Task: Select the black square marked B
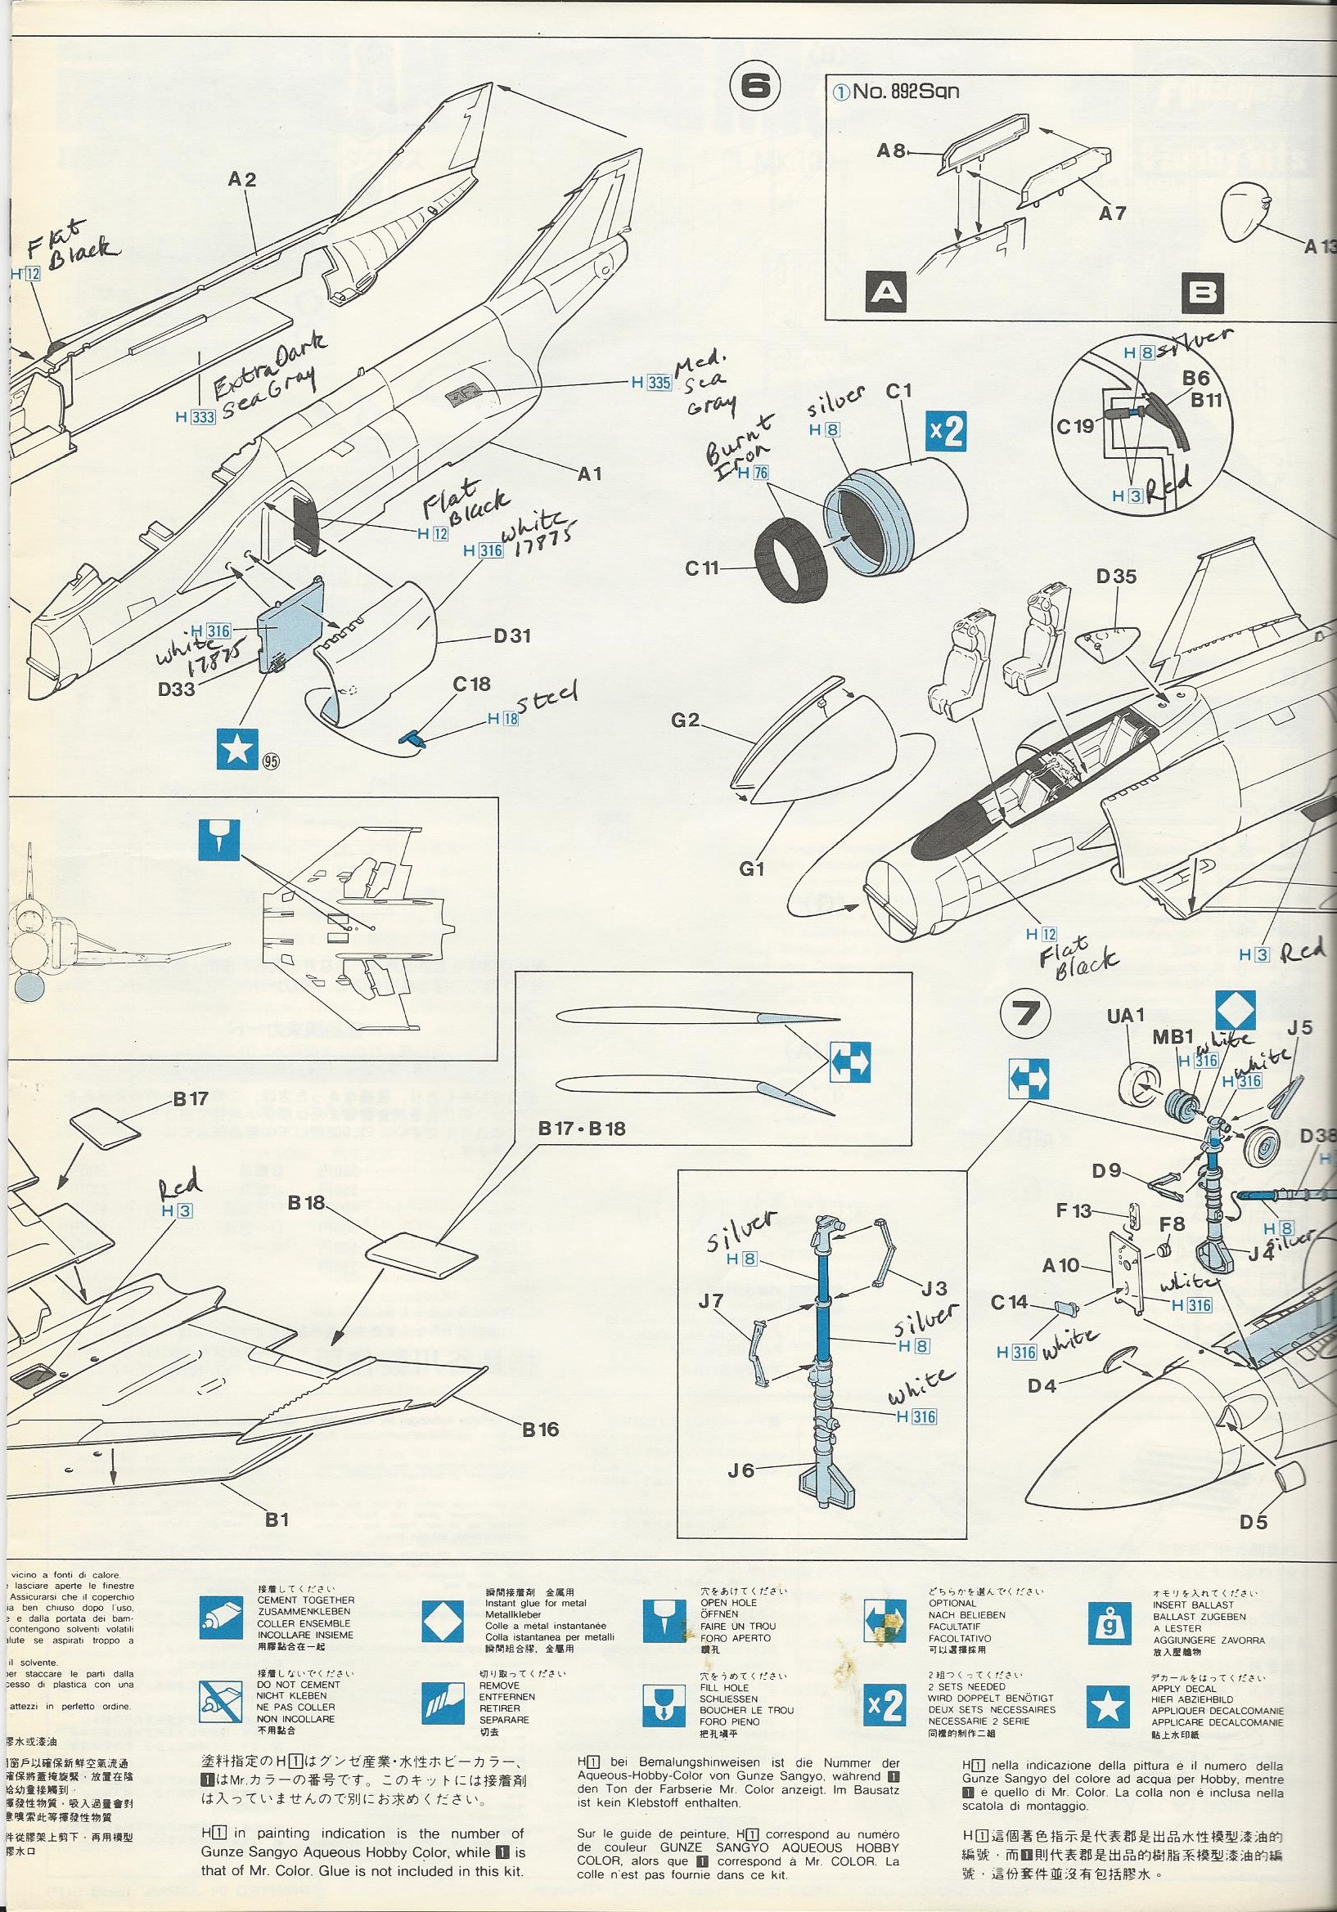(x=1203, y=292)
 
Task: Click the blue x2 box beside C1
(x=948, y=430)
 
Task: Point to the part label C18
(x=471, y=684)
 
